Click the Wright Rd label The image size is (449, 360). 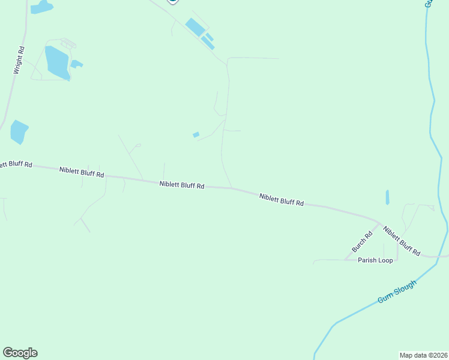pyautogui.click(x=19, y=61)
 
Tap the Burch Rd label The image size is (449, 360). pyautogui.click(x=362, y=241)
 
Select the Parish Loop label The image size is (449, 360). pyautogui.click(x=375, y=260)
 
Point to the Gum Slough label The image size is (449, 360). pyautogui.click(x=397, y=291)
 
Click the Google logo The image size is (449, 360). pyautogui.click(x=20, y=353)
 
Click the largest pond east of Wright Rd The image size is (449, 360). pyautogui.click(x=56, y=62)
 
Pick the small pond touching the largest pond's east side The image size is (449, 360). pyautogui.click(x=76, y=64)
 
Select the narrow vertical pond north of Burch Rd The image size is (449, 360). pyautogui.click(x=387, y=197)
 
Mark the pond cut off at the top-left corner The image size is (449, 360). pyautogui.click(x=41, y=7)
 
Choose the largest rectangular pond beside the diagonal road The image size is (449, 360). pyautogui.click(x=194, y=26)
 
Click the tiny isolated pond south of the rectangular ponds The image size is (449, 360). pyautogui.click(x=196, y=134)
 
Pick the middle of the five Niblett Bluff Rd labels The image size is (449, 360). pyautogui.click(x=182, y=185)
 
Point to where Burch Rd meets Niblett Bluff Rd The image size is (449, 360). pyautogui.click(x=379, y=223)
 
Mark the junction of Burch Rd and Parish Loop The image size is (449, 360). pyautogui.click(x=346, y=260)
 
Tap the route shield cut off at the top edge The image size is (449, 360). pyautogui.click(x=173, y=2)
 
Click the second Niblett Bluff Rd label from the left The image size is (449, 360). pyautogui.click(x=82, y=172)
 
